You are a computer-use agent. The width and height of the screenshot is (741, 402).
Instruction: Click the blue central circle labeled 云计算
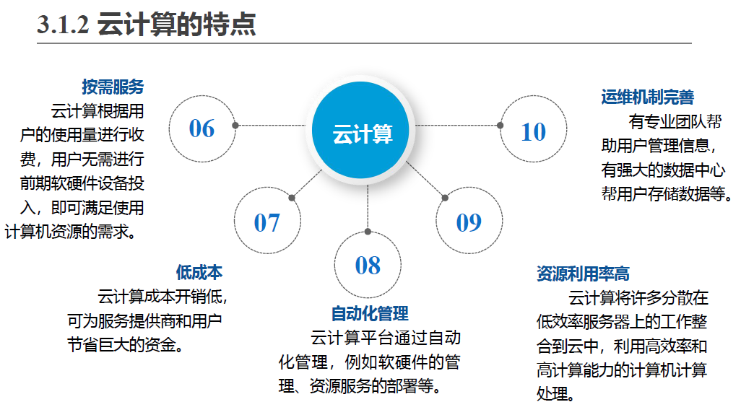[x=363, y=134]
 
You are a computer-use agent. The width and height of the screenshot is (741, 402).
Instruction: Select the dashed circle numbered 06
[x=202, y=128]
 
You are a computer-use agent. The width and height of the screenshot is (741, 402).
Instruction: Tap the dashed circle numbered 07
[x=266, y=222]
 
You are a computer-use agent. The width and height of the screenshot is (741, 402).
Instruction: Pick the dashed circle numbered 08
[x=368, y=265]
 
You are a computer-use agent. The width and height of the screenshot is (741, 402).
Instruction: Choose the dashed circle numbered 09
[x=469, y=222]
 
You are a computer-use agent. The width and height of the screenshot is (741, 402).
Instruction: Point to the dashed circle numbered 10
[x=533, y=131]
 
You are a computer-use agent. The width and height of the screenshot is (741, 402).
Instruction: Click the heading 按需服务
[x=113, y=87]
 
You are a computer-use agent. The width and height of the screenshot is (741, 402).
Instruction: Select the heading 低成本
[x=199, y=272]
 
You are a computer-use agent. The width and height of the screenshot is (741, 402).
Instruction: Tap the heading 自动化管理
[x=370, y=313]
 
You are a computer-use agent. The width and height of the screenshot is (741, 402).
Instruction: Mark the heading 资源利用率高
[x=583, y=274]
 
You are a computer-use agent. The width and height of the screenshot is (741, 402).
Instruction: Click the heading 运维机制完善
[x=647, y=97]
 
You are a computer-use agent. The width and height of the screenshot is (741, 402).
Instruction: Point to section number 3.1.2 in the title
[x=63, y=25]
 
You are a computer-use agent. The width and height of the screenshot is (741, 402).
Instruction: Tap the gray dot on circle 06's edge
[x=235, y=126]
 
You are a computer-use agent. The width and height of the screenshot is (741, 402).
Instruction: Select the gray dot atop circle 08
[x=368, y=232]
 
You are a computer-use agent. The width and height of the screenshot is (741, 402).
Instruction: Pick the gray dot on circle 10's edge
[x=500, y=126]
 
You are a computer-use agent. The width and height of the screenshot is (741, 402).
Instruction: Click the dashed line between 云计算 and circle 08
[x=368, y=206]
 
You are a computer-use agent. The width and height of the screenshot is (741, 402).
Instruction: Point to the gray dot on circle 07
[x=291, y=197]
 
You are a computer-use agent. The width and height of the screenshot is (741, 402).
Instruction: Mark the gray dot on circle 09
[x=444, y=196]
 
